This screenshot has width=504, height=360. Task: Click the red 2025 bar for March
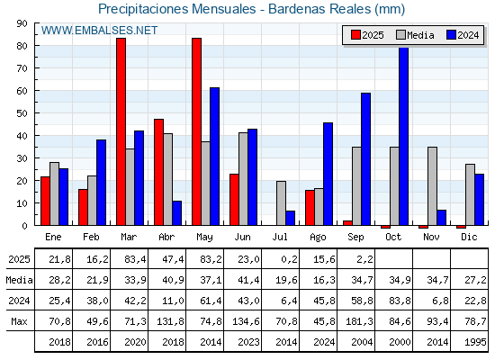click(121, 131)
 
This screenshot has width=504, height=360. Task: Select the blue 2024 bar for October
click(404, 136)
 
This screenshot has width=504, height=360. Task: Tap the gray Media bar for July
click(281, 203)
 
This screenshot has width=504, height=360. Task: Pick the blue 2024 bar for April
click(176, 213)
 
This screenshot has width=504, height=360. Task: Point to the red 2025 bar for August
click(310, 208)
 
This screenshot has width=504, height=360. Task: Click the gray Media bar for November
click(432, 186)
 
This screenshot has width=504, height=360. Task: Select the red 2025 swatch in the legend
click(355, 35)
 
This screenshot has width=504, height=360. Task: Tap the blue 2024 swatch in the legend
click(451, 35)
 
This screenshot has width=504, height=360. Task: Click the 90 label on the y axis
click(22, 23)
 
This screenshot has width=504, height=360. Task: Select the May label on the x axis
click(204, 238)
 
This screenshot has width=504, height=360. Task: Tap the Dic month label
click(469, 237)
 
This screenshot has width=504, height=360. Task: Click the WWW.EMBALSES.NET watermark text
click(99, 31)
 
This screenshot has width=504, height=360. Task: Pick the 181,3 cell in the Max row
click(359, 321)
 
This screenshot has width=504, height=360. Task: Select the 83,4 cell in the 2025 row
click(135, 259)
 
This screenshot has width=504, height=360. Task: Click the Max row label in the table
click(19, 321)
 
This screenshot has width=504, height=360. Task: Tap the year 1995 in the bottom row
click(475, 342)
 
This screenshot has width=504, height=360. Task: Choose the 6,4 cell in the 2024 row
click(289, 301)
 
